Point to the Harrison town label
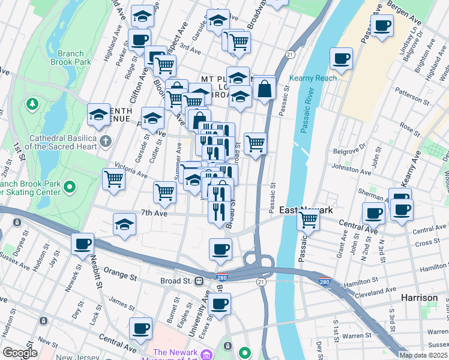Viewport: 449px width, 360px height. (420, 298)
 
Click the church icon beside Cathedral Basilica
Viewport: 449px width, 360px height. (106, 142)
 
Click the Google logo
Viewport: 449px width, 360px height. (20, 353)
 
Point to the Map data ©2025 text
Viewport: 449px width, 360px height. (423, 355)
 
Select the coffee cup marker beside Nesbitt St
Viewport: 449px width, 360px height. (82, 244)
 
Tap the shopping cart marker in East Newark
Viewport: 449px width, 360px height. (308, 220)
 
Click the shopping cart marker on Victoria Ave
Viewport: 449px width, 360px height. (113, 178)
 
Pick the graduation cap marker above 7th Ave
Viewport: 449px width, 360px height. (124, 224)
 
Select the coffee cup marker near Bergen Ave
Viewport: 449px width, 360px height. (382, 25)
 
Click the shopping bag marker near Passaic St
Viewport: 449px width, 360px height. (264, 89)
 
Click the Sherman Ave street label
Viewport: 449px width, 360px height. (370, 194)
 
